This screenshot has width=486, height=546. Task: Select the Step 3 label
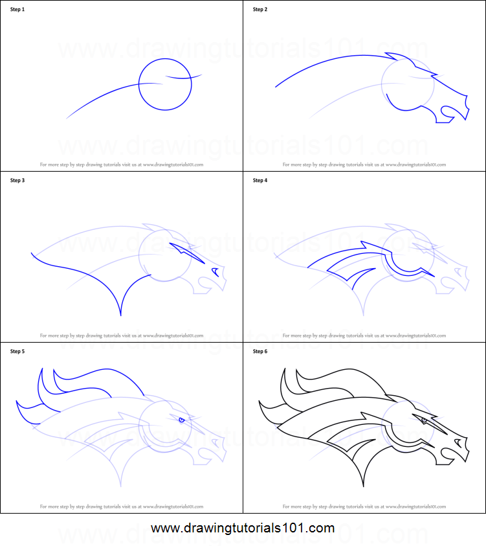point(17,180)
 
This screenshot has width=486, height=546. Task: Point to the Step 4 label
point(260,180)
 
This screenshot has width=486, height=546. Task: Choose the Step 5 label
point(17,352)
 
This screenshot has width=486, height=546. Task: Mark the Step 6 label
point(260,352)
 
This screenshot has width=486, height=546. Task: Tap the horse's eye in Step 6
point(425,420)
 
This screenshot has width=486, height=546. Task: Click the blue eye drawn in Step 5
point(182,420)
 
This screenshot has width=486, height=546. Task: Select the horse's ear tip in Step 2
point(386,55)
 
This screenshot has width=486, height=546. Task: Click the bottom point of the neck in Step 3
point(121,315)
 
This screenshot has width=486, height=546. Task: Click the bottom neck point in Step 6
point(364,486)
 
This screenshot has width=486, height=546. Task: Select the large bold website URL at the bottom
point(243,529)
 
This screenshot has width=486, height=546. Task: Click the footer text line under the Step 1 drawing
point(122,165)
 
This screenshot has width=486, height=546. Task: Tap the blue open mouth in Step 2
point(445,115)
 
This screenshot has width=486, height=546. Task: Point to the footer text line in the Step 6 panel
point(364,507)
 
